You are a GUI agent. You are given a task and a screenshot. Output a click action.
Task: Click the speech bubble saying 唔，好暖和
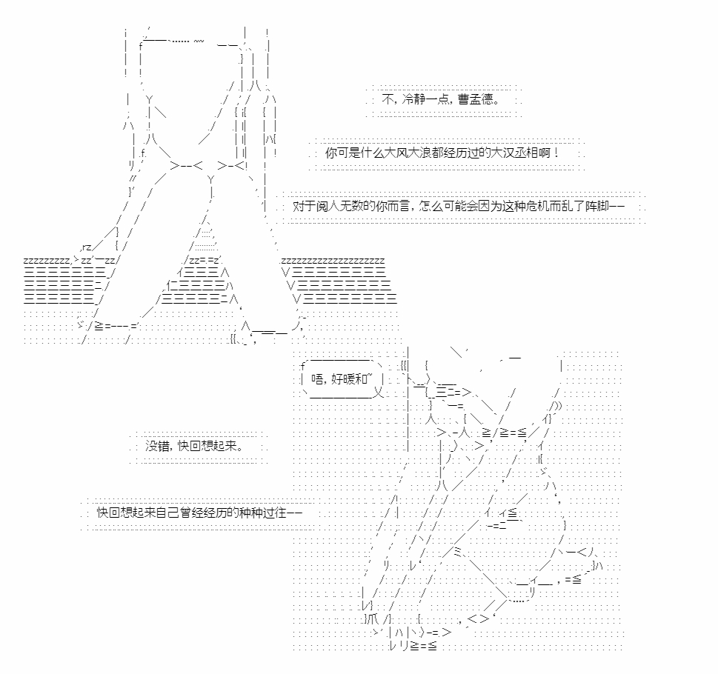[342, 379]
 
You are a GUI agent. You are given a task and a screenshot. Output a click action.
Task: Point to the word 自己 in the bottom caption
[167, 512]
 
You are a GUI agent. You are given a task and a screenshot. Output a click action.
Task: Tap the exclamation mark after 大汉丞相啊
[556, 153]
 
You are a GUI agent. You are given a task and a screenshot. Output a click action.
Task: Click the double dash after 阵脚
[617, 206]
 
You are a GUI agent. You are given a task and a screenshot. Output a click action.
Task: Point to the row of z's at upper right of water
[333, 261]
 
